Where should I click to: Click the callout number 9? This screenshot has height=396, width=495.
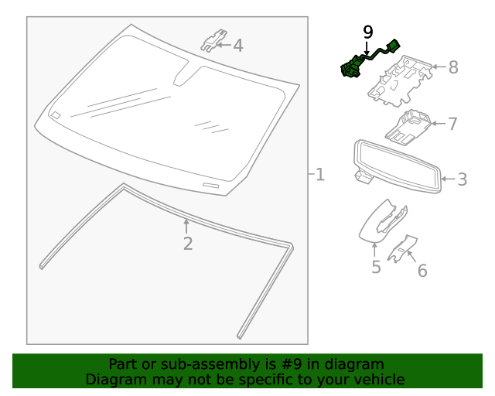368,32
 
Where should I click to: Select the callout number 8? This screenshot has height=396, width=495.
453,67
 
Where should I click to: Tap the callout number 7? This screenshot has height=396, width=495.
453,124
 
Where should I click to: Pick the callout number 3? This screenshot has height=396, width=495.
462,180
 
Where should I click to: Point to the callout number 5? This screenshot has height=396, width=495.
376,268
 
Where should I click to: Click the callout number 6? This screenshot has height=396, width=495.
422,271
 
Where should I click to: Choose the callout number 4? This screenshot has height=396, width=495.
238,46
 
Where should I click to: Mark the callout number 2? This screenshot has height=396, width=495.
187,244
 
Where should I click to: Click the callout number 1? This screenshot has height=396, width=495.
319,175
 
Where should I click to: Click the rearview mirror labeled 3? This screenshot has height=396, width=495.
396,164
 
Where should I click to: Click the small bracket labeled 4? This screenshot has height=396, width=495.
214,40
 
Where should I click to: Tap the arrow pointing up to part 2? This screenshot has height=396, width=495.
186,226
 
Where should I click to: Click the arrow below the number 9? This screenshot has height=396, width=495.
367,48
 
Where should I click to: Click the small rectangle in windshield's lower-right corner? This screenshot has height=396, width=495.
210,186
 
